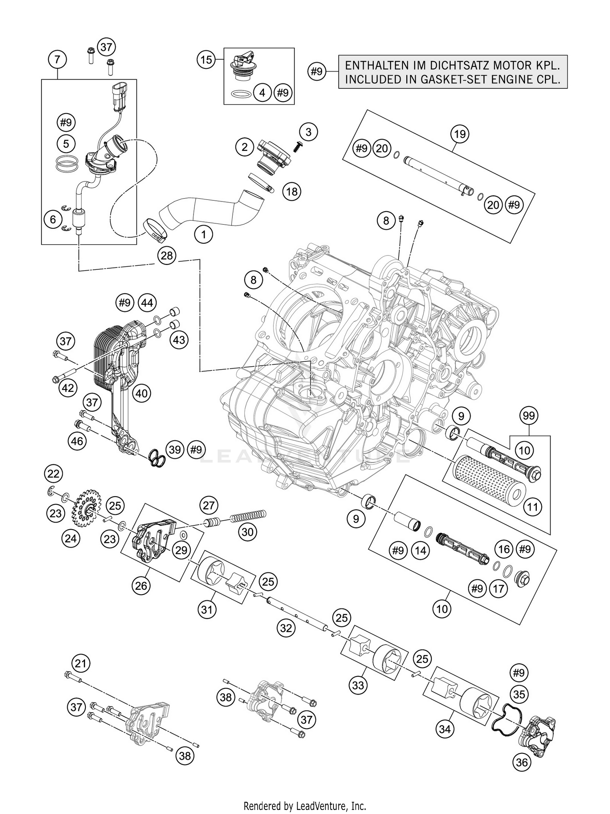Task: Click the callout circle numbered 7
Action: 57,60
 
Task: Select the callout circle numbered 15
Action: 207,60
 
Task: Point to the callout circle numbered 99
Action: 529,416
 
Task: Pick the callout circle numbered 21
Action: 81,664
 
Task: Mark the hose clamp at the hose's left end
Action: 156,228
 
